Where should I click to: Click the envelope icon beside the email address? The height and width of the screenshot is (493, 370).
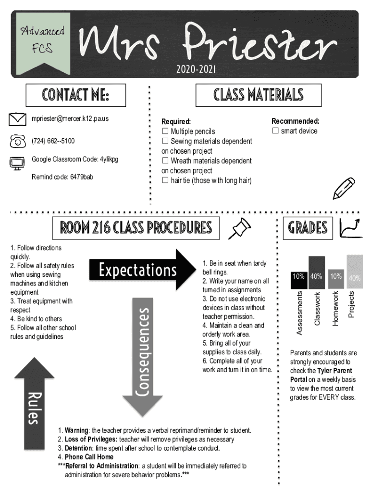tap(17, 119)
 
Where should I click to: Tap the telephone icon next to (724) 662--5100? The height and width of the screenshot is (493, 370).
tap(18, 141)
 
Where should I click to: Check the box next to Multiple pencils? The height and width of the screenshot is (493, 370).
tap(165, 131)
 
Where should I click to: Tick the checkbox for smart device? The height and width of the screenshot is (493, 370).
tap(275, 130)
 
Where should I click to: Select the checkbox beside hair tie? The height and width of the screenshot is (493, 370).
tap(165, 180)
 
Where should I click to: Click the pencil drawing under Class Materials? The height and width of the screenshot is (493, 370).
tap(344, 188)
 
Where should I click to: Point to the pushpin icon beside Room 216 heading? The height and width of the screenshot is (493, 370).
tap(240, 228)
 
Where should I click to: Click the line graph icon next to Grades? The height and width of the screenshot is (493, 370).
tap(351, 228)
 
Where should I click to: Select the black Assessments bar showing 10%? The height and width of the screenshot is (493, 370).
tap(299, 280)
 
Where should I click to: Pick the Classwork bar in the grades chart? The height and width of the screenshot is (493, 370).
tap(317, 272)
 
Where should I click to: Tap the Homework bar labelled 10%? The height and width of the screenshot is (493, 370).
tap(336, 279)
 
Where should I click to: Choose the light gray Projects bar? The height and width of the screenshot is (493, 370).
tap(355, 272)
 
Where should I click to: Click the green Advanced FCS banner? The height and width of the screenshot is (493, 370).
tap(43, 43)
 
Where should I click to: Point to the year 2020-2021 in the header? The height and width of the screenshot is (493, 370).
tap(196, 69)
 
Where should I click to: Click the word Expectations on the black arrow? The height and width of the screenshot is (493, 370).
tap(138, 270)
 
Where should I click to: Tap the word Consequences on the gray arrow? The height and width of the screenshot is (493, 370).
tap(143, 352)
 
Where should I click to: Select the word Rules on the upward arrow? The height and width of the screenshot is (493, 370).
tap(35, 408)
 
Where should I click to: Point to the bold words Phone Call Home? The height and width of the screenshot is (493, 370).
tap(89, 457)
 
